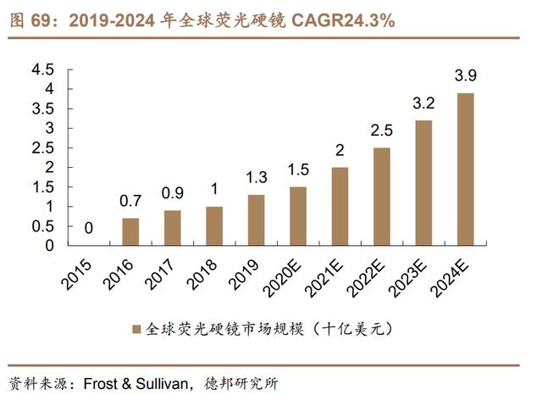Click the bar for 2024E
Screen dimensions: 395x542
465,169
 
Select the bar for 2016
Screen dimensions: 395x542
130,231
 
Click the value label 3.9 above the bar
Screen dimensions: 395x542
465,77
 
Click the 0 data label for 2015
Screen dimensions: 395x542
89,229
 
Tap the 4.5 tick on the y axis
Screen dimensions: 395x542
42,69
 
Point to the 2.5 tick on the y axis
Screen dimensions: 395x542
42,147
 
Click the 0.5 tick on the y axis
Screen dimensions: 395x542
42,226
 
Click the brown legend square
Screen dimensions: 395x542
136,328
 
